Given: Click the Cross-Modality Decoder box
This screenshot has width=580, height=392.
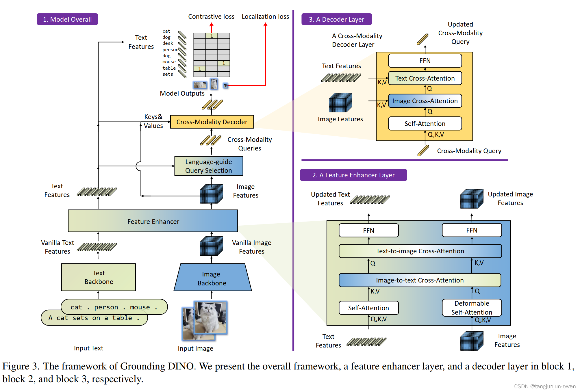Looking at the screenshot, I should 212,122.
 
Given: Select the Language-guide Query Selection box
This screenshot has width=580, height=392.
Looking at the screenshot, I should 209,166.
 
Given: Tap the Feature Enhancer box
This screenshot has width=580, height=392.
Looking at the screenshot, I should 153,221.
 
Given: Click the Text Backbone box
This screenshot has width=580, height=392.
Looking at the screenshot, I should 99,277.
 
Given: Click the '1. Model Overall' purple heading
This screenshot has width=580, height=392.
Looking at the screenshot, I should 67,19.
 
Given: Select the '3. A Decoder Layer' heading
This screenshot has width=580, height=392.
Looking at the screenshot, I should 336,19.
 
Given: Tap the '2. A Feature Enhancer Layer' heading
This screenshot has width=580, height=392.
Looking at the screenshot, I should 353,175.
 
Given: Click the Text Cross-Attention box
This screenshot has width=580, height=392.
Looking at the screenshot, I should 425,78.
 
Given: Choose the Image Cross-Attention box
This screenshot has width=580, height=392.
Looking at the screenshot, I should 425,101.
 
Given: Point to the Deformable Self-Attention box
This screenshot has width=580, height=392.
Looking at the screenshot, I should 472,308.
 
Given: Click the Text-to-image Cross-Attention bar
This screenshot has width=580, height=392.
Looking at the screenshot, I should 420,251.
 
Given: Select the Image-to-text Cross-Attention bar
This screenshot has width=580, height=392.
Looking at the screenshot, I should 420,280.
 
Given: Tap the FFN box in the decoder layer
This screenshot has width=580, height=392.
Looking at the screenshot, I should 425,61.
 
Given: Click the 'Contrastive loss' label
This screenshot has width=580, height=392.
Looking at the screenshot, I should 211,17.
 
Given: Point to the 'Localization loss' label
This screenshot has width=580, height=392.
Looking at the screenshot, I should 265,17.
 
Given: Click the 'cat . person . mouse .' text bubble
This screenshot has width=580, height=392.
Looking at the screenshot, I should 114,307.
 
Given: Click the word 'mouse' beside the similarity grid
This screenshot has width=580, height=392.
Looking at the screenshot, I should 169,62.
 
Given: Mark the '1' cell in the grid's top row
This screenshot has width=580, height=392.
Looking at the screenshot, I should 212,36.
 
